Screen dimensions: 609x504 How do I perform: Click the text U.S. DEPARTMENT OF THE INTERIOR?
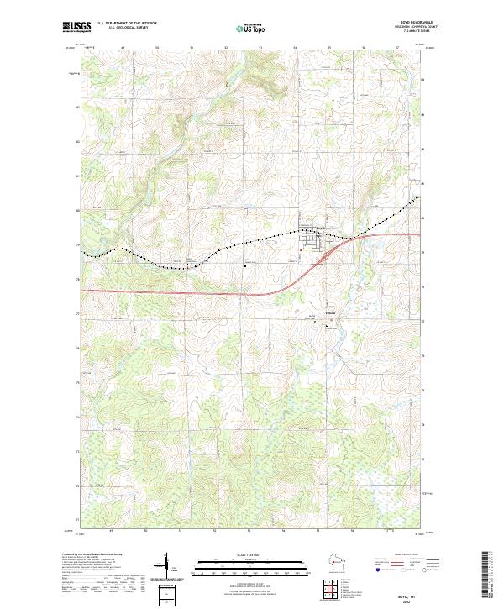pyautogui.click(x=127, y=24)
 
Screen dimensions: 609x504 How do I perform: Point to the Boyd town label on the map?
pyautogui.click(x=320, y=228)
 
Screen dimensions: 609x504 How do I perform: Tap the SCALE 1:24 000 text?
pyautogui.click(x=251, y=554)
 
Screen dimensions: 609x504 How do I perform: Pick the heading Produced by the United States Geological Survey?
pyautogui.click(x=93, y=554)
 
